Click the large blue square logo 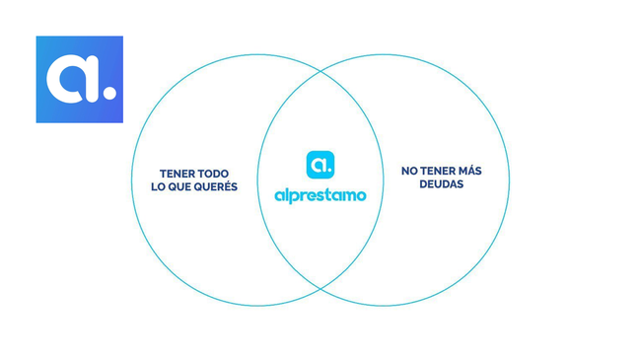click(79, 79)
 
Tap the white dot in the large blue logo click(109, 94)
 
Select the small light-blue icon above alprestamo click(320, 164)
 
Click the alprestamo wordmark click(320, 195)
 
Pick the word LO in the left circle click(169, 187)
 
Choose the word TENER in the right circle click(438, 171)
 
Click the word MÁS click(470, 171)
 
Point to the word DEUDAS click(441, 184)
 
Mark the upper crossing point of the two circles click(320, 71)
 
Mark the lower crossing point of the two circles click(320, 289)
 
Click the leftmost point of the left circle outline click(131, 180)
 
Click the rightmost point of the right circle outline click(510, 180)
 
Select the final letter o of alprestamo click(360, 195)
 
